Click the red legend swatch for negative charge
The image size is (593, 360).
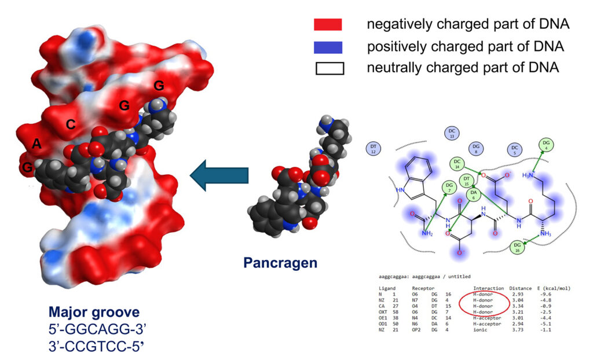(328, 25)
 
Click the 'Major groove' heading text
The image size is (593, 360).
(94, 313)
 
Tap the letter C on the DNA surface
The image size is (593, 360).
(71, 124)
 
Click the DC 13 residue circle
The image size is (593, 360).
(452, 134)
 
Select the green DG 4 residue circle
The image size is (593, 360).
(545, 145)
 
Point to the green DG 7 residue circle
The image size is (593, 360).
(448, 186)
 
